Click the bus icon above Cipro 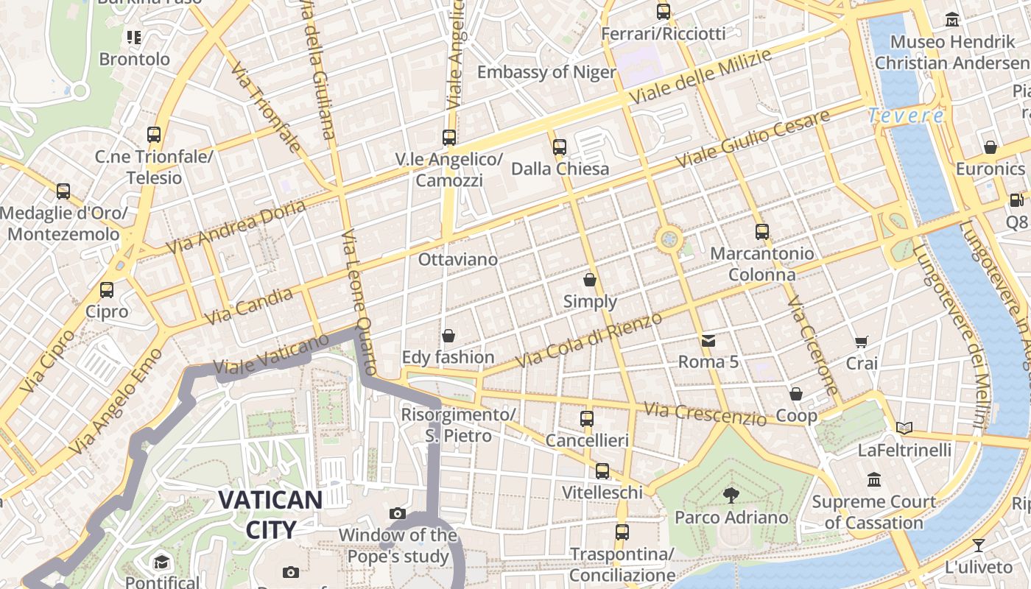pyautogui.click(x=107, y=290)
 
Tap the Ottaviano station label pyautogui.click(x=458, y=260)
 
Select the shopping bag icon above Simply pyautogui.click(x=590, y=280)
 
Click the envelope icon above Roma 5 pyautogui.click(x=708, y=340)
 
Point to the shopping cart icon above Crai pyautogui.click(x=862, y=342)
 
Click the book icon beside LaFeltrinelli pyautogui.click(x=904, y=428)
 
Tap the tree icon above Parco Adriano pyautogui.click(x=731, y=495)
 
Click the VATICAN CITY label pyautogui.click(x=270, y=515)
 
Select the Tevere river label pyautogui.click(x=906, y=116)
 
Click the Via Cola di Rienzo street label pyautogui.click(x=589, y=340)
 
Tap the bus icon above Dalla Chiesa pyautogui.click(x=560, y=147)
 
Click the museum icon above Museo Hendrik pyautogui.click(x=952, y=20)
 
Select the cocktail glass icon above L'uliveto pyautogui.click(x=978, y=546)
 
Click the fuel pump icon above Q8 pyautogui.click(x=1016, y=200)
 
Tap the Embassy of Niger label pyautogui.click(x=546, y=72)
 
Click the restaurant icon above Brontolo pyautogui.click(x=133, y=37)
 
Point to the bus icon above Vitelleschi pyautogui.click(x=602, y=471)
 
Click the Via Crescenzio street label pyautogui.click(x=705, y=414)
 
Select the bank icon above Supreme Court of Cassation pyautogui.click(x=874, y=480)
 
